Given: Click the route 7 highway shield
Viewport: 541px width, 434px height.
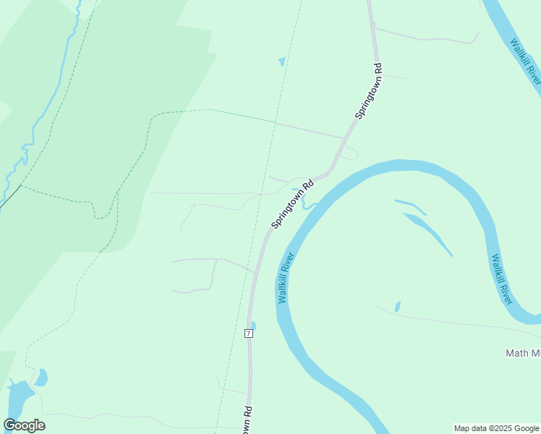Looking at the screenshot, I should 248,333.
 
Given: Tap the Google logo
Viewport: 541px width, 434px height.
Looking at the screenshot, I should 24,425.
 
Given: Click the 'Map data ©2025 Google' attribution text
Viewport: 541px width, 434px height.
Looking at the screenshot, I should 496,428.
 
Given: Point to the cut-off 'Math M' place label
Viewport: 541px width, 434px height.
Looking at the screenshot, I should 522,353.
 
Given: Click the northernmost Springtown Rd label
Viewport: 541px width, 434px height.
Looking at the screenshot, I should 368,92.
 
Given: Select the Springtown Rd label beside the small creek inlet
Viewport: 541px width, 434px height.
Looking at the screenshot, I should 294,204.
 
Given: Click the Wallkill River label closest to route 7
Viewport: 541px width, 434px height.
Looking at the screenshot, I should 284,277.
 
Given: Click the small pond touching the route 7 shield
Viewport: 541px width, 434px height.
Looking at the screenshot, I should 252,325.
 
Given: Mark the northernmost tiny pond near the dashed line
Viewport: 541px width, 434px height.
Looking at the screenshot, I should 281,62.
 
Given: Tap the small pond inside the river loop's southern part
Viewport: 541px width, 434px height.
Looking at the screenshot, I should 397,307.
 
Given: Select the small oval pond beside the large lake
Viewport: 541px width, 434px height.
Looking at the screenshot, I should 42,378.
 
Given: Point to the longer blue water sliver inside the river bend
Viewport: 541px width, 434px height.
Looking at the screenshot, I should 429,233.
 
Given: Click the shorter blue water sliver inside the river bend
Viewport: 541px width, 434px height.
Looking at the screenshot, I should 410,207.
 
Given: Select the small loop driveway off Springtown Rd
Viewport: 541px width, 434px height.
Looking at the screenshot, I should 351,153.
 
